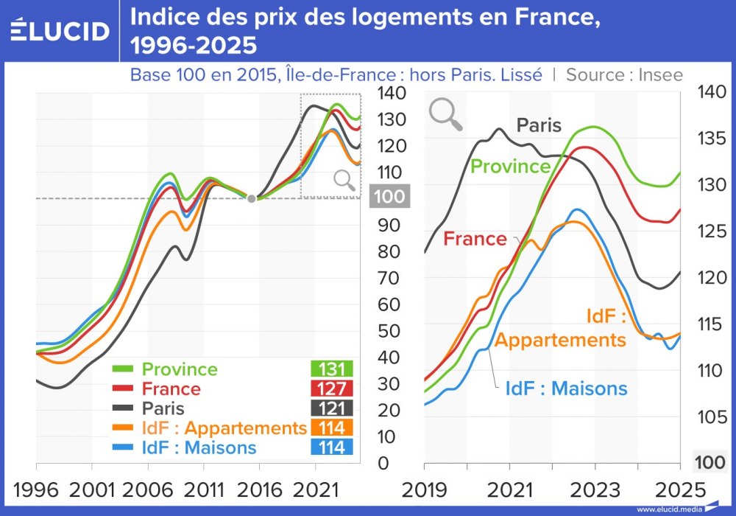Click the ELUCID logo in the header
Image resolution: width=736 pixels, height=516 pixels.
pyautogui.click(x=60, y=30)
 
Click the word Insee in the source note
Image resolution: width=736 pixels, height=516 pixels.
pyautogui.click(x=660, y=74)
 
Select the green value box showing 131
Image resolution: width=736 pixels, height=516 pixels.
pyautogui.click(x=332, y=369)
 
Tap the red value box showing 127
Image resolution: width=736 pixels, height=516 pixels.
pyautogui.click(x=332, y=388)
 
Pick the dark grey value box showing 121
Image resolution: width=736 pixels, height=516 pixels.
pyautogui.click(x=332, y=408)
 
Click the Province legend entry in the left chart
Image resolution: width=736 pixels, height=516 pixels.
pyautogui.click(x=180, y=369)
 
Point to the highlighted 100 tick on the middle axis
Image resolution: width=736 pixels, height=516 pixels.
pyautogui.click(x=389, y=198)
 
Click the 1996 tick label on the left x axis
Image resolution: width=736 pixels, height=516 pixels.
pyautogui.click(x=35, y=489)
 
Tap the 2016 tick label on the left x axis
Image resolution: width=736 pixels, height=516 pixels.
pyautogui.click(x=259, y=489)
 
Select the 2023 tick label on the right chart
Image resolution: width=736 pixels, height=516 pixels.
pyautogui.click(x=595, y=489)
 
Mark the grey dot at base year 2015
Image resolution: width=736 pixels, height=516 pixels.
pyautogui.click(x=252, y=198)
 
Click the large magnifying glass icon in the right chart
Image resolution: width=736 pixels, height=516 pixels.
pyautogui.click(x=445, y=114)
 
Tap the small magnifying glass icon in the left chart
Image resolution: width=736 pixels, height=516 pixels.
pyautogui.click(x=343, y=180)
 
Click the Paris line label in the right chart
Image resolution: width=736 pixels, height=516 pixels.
pyautogui.click(x=539, y=125)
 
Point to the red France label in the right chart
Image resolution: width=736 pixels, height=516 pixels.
pyautogui.click(x=475, y=239)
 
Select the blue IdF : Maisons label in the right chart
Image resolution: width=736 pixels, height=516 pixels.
pyautogui.click(x=566, y=388)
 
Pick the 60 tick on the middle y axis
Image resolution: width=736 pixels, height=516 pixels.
pyautogui.click(x=389, y=304)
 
